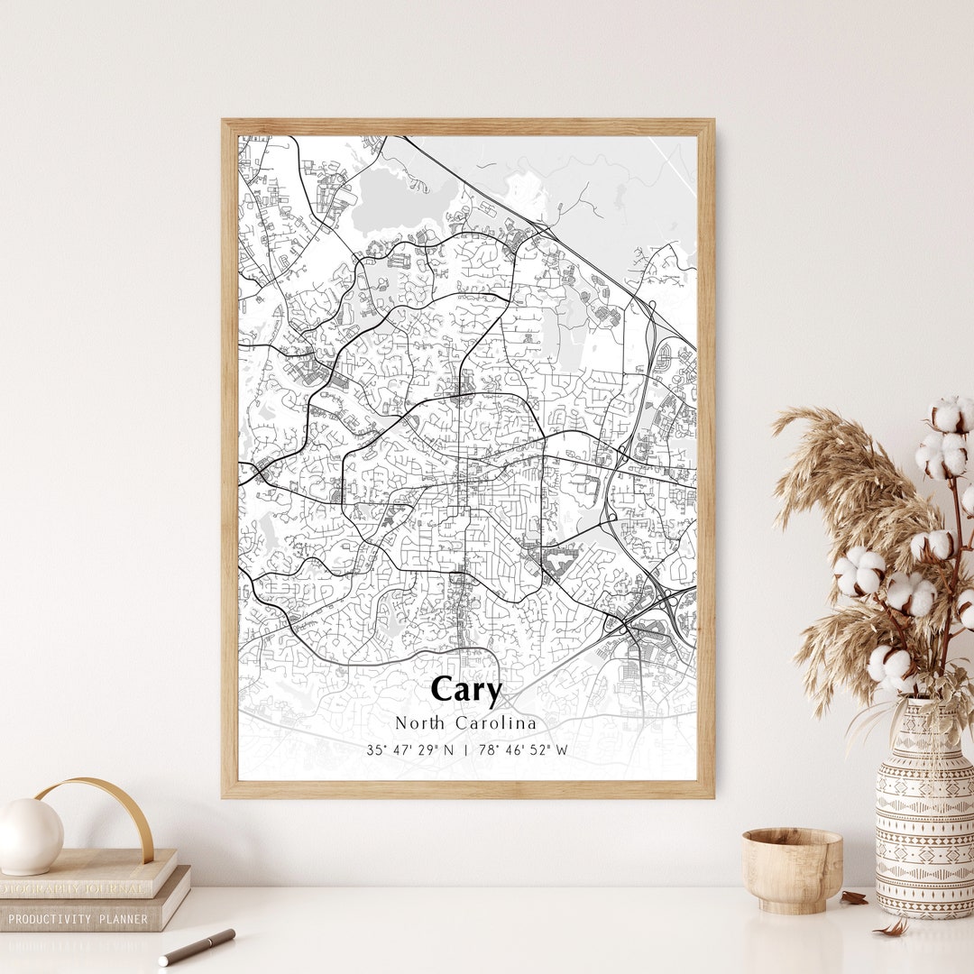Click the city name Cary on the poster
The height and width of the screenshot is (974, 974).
pos(465,690)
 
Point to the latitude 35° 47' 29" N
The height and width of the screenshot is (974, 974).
pos(410,750)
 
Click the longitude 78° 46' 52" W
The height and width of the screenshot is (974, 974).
pos(523,750)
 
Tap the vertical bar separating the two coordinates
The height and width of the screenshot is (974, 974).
pos(466,750)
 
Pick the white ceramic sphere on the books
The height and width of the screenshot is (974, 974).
pos(30,836)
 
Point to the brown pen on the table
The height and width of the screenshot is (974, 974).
pos(198,947)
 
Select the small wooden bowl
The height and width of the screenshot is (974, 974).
pos(792,869)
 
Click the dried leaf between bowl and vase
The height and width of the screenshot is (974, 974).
pos(853,897)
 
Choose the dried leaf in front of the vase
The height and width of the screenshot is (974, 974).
pos(893,928)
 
